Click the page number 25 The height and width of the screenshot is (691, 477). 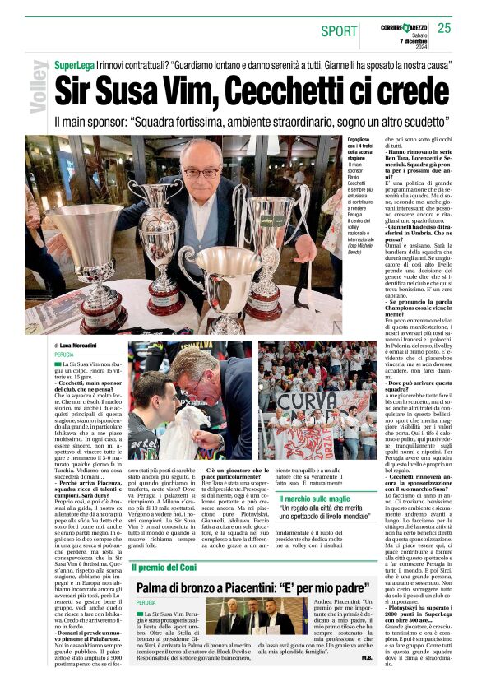444,28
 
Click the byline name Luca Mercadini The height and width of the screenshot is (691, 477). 82,345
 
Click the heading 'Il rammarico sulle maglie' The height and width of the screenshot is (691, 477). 324,499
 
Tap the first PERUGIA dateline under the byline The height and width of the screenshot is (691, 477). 65,354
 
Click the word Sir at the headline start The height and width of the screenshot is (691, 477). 74,88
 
